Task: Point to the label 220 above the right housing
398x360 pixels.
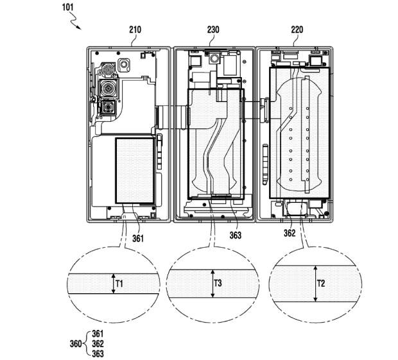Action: point(297,30)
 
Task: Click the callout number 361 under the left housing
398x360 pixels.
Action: point(139,238)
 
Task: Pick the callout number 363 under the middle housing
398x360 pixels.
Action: point(236,234)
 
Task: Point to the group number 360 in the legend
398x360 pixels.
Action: point(76,343)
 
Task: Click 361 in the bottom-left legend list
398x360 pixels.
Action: point(98,334)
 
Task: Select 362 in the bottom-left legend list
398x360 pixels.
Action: point(98,343)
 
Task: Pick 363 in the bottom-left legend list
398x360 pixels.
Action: point(98,353)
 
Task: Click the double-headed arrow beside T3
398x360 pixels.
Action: point(212,283)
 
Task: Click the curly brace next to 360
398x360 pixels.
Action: point(87,343)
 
